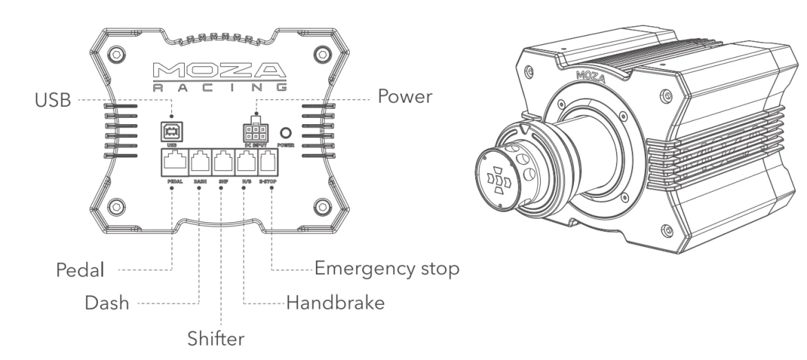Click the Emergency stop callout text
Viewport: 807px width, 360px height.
pyautogui.click(x=386, y=268)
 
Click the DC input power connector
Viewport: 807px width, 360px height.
pyautogui.click(x=256, y=132)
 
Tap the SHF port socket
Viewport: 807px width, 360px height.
pyautogui.click(x=223, y=163)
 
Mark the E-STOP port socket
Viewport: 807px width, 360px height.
pyautogui.click(x=268, y=163)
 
